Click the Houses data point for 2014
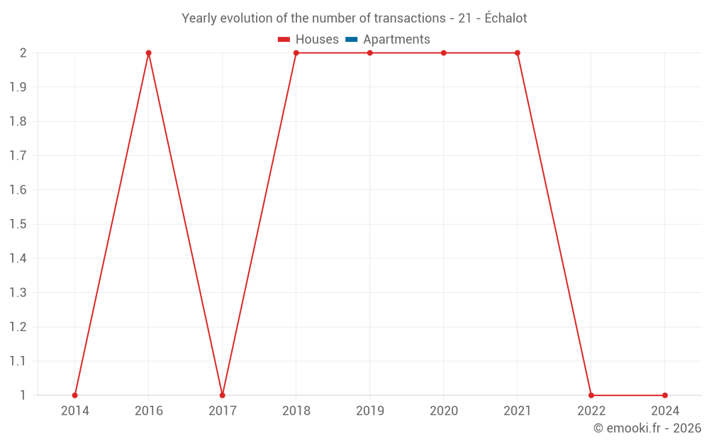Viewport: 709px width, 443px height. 74,395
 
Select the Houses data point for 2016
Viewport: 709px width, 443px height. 148,53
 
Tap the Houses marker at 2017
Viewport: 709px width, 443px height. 222,395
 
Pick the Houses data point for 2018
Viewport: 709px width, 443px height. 296,53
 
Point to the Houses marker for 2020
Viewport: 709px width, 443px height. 444,53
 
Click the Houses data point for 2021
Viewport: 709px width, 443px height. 518,53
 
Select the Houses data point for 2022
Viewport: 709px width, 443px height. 591,395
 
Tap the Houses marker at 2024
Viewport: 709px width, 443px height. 665,395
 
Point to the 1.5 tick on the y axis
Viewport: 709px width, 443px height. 18,224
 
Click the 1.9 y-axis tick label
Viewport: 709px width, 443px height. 18,87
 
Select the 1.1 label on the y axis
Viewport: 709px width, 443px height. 18,361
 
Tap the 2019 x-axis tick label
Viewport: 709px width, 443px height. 369,410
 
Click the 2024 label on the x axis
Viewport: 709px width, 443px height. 665,410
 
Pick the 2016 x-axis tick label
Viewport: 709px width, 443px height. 148,410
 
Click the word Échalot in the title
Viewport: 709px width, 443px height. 506,18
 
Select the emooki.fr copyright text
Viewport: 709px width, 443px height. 647,428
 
